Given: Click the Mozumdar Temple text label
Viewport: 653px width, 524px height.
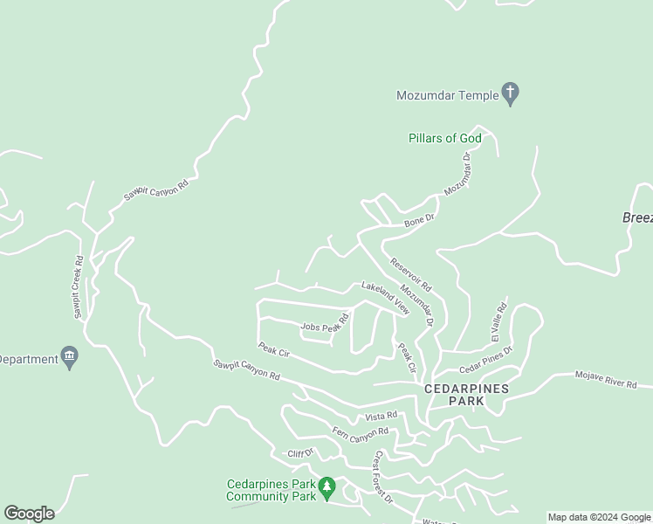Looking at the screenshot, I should point(446,95).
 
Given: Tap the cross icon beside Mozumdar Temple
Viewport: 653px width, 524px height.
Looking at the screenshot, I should point(511,94).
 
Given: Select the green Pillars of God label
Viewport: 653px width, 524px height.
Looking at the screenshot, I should point(444,139).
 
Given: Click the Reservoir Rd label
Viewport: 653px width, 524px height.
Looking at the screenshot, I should point(410,274).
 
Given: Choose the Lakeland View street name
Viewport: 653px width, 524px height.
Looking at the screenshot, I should point(385,297).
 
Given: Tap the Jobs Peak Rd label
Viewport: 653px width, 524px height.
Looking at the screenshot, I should point(325,327).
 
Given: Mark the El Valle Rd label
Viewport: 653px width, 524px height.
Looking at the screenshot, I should point(498,321).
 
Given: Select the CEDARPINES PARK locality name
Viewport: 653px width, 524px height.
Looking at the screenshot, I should point(465,394).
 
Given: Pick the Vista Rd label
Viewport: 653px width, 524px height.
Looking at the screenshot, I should point(381,416).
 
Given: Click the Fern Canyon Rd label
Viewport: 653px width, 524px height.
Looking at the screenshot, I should point(360,432).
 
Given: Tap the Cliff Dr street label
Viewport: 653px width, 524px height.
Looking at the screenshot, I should point(300,454).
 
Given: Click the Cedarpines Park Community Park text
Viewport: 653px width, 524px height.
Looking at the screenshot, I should point(271,490).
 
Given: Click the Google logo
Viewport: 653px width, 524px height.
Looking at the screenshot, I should point(29,514).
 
